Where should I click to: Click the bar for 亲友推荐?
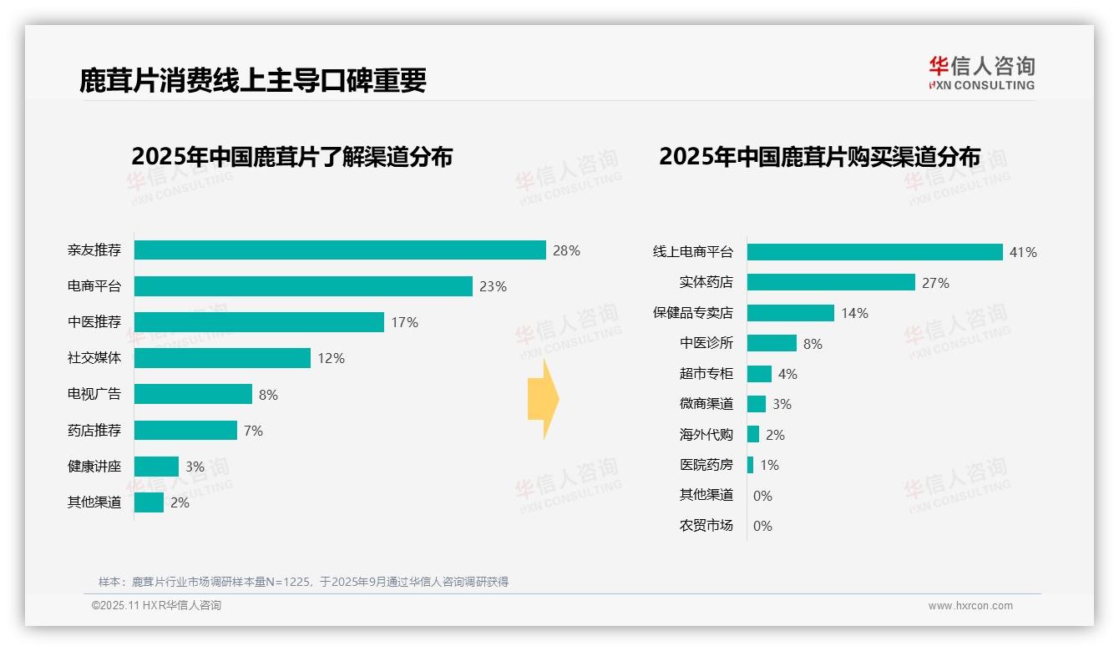[340, 250]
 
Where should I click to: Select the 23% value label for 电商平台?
[493, 286]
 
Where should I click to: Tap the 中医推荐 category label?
[94, 322]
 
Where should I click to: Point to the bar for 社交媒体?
[222, 358]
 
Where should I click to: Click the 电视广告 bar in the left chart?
[193, 394]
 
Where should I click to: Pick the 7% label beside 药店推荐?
[253, 431]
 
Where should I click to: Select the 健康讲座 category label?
[94, 467]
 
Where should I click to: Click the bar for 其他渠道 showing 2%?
[149, 502]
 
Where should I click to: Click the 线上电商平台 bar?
[874, 252]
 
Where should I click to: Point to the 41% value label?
[1023, 252]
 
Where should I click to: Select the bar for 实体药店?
[831, 283]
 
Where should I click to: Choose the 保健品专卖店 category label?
[692, 313]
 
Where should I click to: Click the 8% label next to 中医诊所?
[813, 344]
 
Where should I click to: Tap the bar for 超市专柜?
[759, 374]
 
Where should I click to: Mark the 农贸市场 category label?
[706, 526]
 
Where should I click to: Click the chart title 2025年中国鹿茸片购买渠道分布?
[819, 156]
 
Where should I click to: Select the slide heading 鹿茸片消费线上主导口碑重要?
[253, 79]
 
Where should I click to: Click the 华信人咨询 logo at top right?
[981, 73]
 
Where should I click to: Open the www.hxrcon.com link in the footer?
[970, 606]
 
